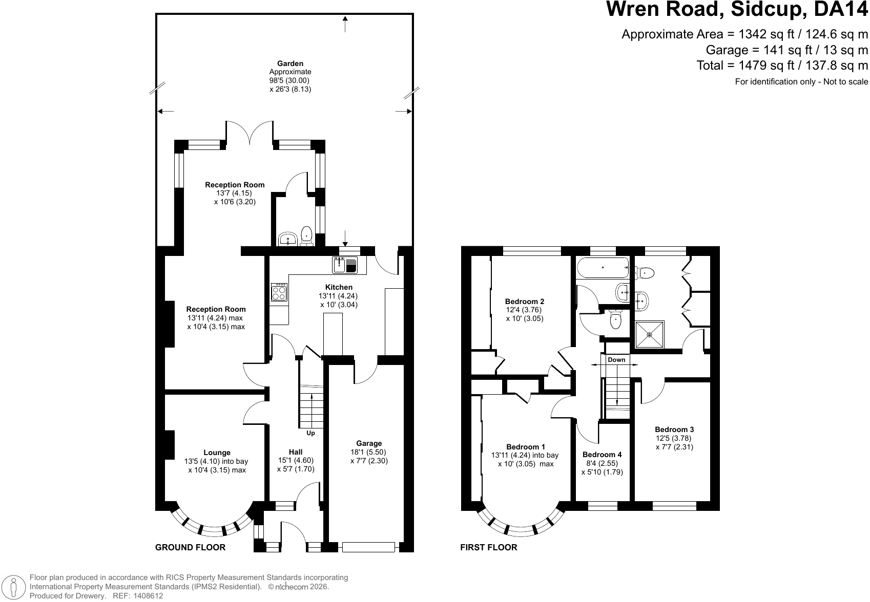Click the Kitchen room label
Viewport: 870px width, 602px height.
click(339, 287)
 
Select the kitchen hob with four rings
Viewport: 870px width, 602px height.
click(279, 292)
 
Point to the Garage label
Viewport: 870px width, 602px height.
click(369, 443)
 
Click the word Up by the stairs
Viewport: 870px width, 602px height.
click(310, 433)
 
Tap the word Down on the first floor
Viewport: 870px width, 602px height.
click(616, 360)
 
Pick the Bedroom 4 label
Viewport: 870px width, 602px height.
click(602, 455)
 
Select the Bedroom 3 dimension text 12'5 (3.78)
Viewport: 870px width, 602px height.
click(674, 438)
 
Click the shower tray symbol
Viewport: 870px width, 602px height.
click(649, 334)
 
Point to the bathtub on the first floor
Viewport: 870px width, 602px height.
click(603, 267)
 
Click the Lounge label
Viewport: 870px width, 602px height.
click(217, 453)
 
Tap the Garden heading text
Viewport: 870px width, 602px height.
click(290, 63)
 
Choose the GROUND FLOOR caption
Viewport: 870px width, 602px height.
click(190, 547)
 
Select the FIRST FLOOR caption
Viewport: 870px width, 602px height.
click(489, 547)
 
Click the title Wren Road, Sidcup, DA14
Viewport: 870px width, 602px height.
click(737, 9)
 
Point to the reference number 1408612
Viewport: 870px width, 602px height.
click(148, 596)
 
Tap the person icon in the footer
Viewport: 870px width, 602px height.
click(14, 587)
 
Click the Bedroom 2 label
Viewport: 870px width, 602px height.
click(524, 301)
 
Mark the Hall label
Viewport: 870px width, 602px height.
click(296, 452)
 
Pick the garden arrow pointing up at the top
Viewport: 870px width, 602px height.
click(345, 24)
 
